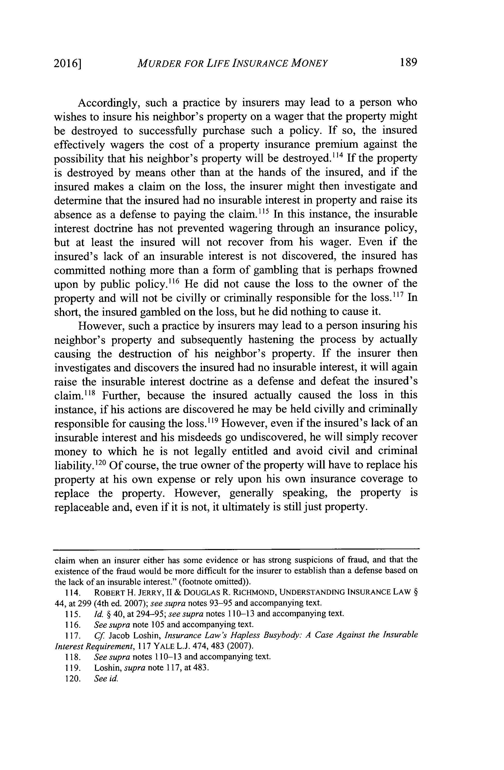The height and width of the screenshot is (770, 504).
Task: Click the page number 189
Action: click(x=408, y=62)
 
